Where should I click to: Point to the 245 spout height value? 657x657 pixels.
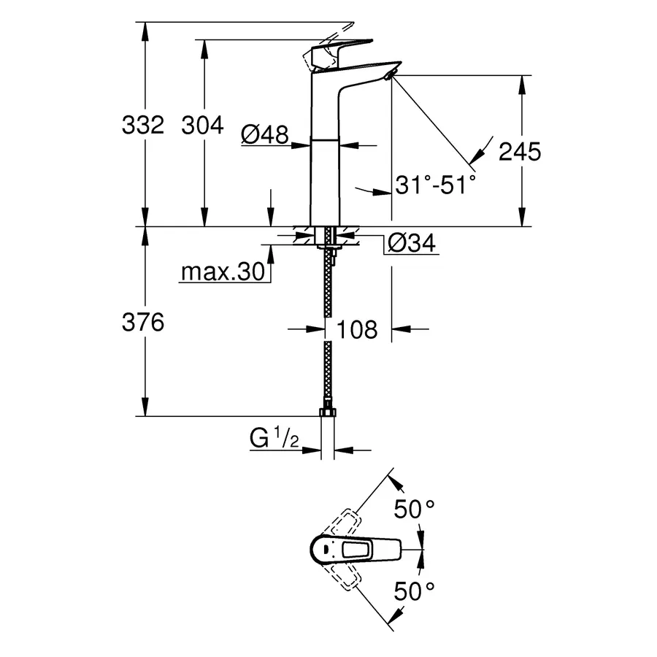point(519,152)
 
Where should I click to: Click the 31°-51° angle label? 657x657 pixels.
point(435,185)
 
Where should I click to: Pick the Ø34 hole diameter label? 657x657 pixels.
point(411,243)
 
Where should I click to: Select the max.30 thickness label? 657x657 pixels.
point(221,272)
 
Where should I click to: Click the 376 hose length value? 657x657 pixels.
point(142,323)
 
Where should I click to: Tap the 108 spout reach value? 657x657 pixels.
point(358,330)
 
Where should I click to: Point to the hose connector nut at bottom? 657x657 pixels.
point(328,414)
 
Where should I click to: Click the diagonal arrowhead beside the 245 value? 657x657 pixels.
point(477,154)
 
